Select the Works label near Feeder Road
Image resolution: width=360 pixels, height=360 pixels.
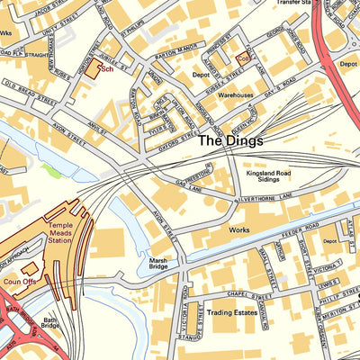click(239, 231)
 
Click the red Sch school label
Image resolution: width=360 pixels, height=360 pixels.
click(107, 68)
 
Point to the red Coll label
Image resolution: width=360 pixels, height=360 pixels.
click(244, 56)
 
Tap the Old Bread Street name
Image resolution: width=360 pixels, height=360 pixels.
click(31, 86)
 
